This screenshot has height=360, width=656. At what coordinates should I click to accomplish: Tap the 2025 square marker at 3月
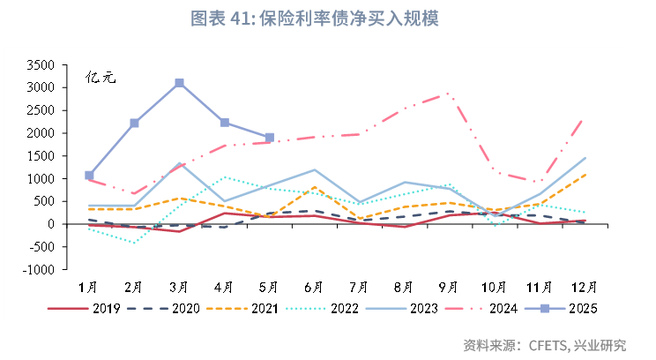pos(179,83)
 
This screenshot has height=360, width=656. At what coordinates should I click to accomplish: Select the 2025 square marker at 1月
pos(89,176)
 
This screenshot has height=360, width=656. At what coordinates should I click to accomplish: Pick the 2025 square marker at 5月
pos(270,138)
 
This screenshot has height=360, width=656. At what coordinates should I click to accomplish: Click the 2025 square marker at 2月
pos(134,123)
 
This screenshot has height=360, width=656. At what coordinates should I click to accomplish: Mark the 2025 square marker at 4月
pos(225,123)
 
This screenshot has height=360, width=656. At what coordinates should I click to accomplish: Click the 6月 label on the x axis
pos(314,287)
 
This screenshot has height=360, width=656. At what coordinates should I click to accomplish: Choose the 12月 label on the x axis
pos(584,287)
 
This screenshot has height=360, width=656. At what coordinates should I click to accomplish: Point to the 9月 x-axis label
pos(449,287)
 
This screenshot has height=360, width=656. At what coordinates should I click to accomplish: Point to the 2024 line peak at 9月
pos(449,93)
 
